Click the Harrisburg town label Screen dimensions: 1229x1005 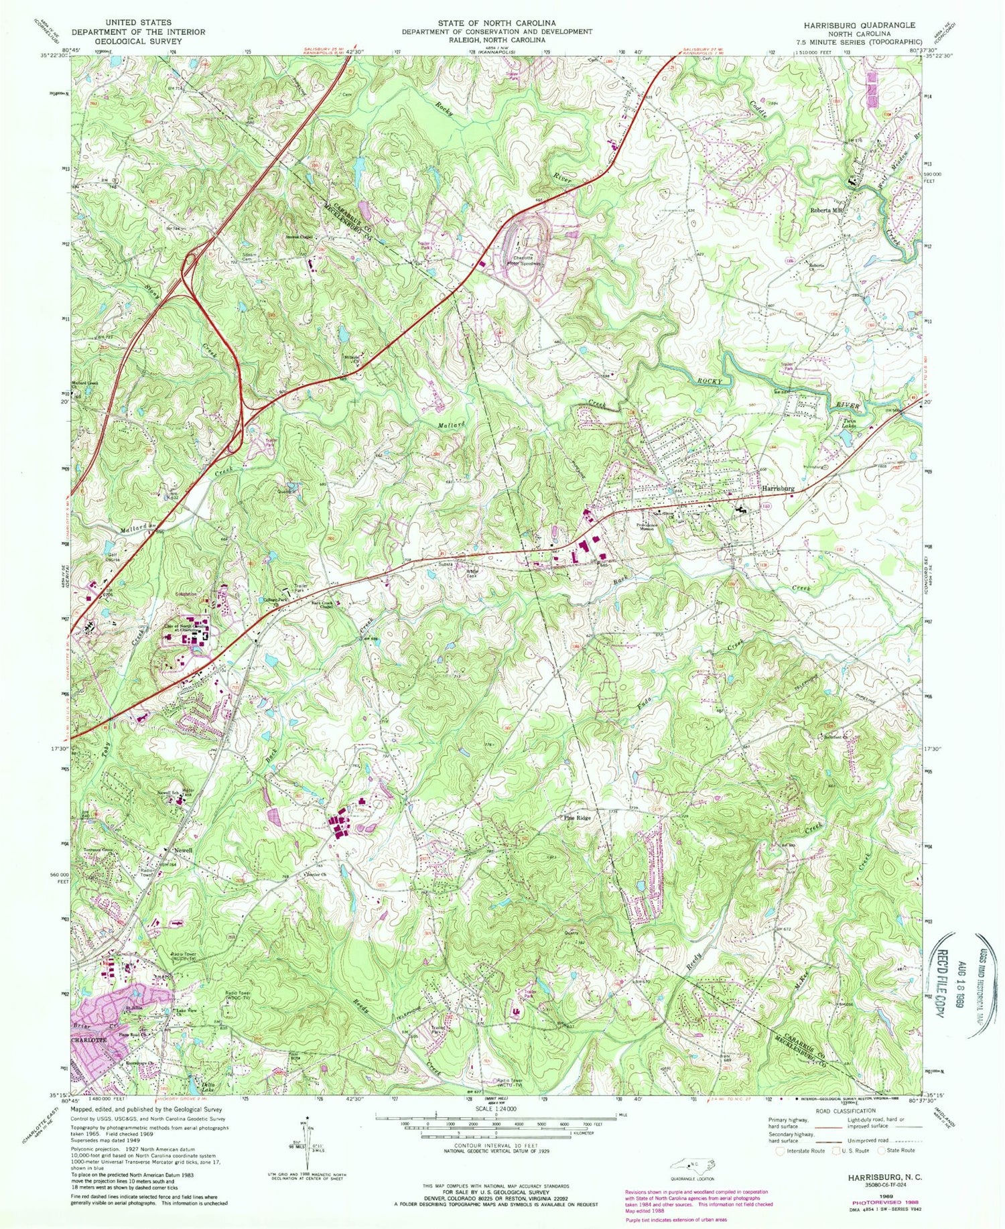click(777, 489)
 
